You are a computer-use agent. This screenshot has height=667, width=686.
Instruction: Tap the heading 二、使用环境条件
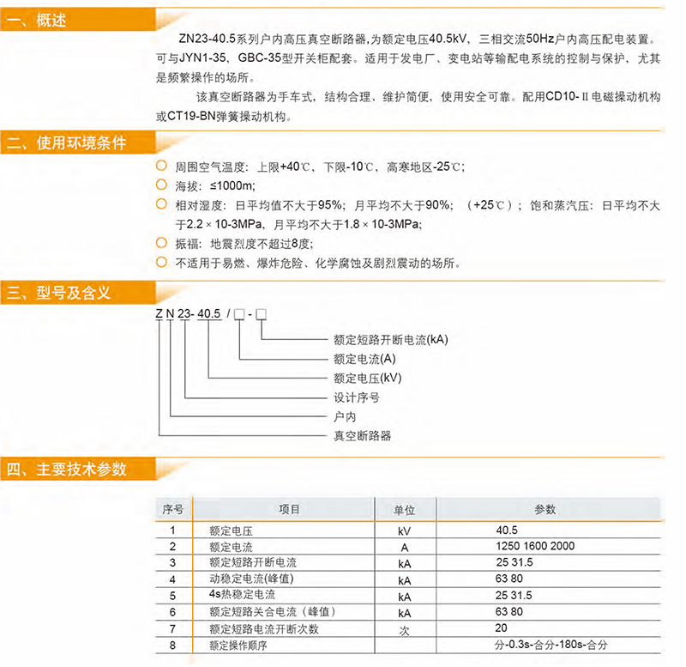point(66,142)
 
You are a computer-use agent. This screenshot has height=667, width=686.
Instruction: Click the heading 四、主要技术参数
point(66,469)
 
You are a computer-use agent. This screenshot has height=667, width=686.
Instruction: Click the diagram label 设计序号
point(356,397)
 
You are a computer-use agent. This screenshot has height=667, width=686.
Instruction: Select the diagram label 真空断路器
point(362,435)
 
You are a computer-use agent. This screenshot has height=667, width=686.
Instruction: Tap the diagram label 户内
point(344,416)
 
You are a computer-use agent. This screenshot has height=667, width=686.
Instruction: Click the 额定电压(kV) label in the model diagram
point(368,378)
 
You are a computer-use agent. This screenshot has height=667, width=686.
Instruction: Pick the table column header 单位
point(404,509)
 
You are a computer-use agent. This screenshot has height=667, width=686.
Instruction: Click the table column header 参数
point(545,509)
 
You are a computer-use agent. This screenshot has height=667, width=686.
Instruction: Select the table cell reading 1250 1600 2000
point(535,546)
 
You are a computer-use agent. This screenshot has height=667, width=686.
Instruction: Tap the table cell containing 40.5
point(507,531)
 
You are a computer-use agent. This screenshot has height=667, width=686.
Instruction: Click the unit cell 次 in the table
point(404,629)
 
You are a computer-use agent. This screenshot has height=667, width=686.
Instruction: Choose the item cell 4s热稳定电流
point(243,595)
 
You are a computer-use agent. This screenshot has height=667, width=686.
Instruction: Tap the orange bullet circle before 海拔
point(160,185)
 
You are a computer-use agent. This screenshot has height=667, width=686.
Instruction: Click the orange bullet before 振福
point(160,244)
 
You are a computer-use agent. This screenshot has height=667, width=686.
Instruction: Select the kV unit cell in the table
point(404,531)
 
